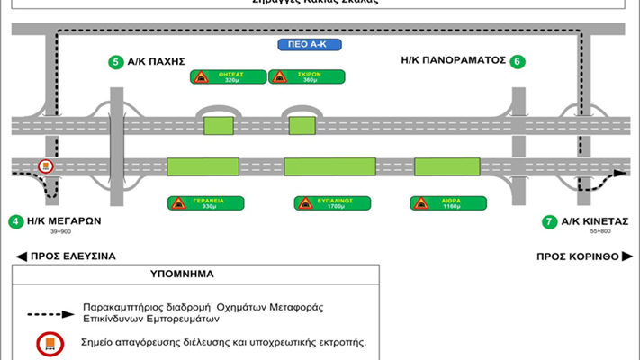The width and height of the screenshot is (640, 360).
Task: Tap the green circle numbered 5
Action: [114, 62]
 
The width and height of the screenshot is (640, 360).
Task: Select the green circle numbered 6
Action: [516, 62]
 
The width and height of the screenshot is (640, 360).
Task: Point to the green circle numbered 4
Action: [15, 221]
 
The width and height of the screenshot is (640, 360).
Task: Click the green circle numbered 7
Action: [548, 221]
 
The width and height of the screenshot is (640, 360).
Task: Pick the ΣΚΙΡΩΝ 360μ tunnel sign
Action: [293, 76]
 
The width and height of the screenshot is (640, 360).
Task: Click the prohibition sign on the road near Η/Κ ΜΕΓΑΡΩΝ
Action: [46, 167]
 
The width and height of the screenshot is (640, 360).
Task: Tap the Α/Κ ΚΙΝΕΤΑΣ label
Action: [595, 221]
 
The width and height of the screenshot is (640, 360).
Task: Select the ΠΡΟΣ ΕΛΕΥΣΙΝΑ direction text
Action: [67, 256]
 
